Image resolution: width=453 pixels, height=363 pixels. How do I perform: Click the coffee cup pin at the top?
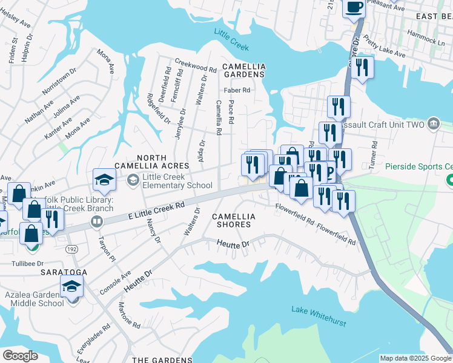pos(354,7)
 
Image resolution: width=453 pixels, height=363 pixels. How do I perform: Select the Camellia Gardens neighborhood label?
pos(243,70)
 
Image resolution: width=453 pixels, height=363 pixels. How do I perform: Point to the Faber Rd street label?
pos(237,90)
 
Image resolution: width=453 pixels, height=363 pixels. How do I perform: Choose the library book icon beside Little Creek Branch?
pos(96,221)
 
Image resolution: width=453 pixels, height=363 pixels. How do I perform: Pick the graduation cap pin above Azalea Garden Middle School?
pos(71,286)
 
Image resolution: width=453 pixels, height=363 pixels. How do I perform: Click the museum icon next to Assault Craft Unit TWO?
pos(434,124)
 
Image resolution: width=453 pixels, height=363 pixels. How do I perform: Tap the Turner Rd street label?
pos(375,155)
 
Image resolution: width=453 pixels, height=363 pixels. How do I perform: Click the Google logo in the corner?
pos(21,356)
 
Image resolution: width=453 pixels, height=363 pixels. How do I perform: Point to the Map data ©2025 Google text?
pos(415,358)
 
